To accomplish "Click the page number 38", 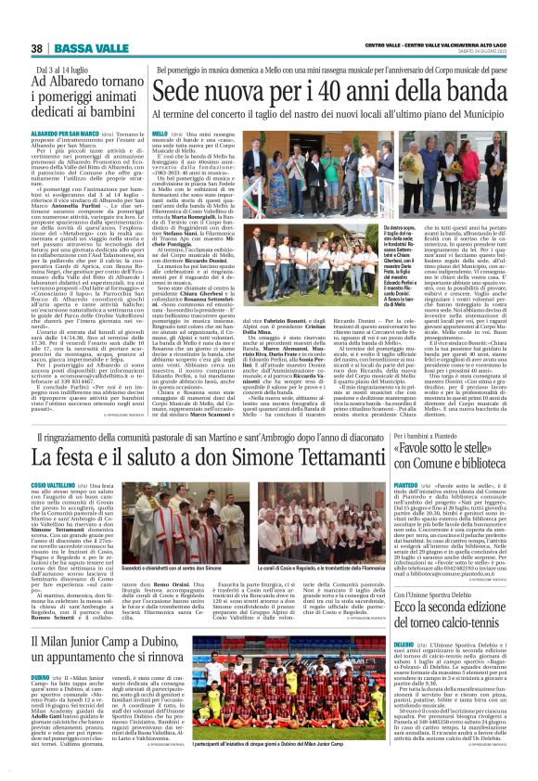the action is pyautogui.click(x=37, y=49).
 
